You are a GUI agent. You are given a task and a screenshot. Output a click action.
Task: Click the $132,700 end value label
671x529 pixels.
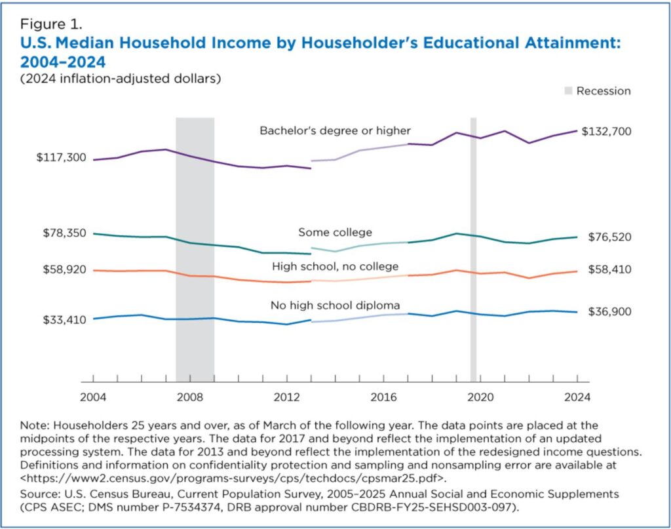tap(606, 131)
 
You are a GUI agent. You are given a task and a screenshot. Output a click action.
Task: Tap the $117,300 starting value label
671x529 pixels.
tap(61, 157)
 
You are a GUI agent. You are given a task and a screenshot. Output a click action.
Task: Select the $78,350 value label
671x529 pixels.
tap(64, 233)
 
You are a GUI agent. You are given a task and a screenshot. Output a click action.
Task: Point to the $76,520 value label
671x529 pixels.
tap(609, 237)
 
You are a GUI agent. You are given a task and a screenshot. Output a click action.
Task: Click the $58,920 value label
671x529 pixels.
tap(64, 269)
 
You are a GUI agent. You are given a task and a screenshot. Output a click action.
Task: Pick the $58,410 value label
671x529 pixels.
tap(609, 269)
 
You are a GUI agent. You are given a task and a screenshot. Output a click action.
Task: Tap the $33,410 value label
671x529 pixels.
tap(64, 320)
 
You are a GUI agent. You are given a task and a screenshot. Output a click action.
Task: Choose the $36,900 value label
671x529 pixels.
tap(609, 311)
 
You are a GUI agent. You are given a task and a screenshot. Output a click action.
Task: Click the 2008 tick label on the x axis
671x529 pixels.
tap(190, 397)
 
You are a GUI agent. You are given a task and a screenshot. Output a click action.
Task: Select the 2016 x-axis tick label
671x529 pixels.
tap(383, 397)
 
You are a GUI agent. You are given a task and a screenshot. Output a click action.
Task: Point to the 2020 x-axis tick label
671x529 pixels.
tap(480, 397)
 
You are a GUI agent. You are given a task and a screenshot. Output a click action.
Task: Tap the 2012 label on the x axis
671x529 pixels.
tap(287, 397)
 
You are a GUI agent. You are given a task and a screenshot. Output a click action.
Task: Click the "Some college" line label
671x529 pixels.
tap(335, 233)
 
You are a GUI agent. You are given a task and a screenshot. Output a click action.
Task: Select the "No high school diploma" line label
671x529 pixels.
tap(335, 305)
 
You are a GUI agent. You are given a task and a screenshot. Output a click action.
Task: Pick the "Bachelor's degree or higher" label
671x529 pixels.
tap(335, 130)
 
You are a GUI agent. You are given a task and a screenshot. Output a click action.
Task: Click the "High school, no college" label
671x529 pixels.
tap(335, 267)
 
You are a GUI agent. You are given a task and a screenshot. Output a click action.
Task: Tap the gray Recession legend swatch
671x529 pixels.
tap(568, 90)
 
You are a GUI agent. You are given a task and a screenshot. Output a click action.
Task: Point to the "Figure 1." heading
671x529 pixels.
tap(51, 24)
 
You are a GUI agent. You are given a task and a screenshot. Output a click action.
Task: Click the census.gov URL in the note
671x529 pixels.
tap(233, 478)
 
